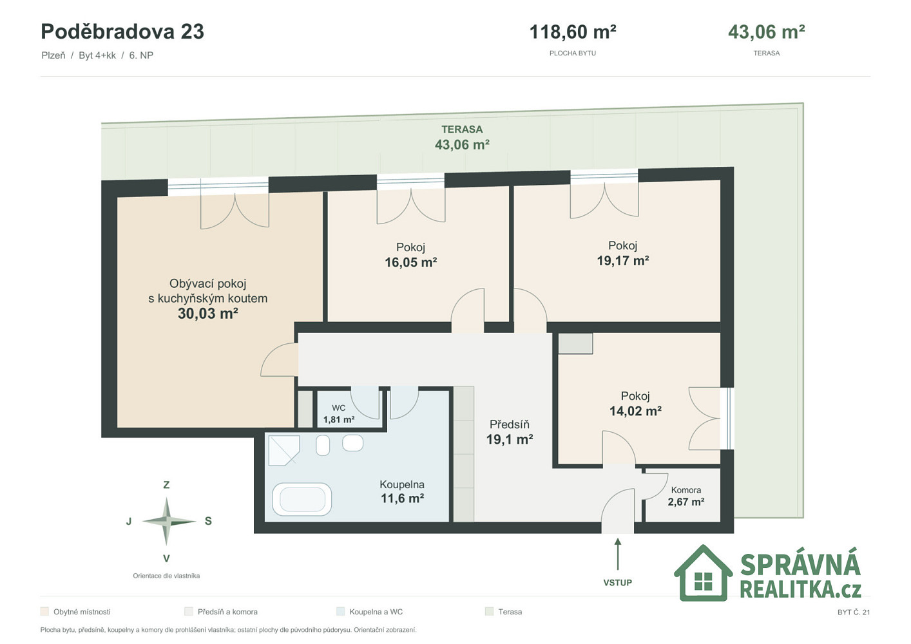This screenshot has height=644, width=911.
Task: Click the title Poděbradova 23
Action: tap(122, 32)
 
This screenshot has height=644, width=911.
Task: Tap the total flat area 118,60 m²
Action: tap(573, 32)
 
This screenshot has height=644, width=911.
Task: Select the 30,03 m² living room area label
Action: tap(208, 314)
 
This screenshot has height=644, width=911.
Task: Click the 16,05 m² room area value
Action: tap(411, 262)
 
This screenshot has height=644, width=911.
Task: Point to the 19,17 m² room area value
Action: tap(622, 261)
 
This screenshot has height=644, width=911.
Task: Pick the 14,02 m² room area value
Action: tap(635, 411)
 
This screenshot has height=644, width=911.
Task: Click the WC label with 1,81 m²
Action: tap(339, 414)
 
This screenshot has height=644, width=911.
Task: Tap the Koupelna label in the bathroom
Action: tap(402, 484)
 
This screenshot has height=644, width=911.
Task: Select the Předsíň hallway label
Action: tap(510, 424)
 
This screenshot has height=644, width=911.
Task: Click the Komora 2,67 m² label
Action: tap(686, 496)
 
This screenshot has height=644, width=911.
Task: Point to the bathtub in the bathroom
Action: tap(302, 499)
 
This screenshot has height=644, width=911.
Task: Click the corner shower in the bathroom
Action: tap(284, 450)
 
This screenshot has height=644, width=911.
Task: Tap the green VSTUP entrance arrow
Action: tap(618, 554)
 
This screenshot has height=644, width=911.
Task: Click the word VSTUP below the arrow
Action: tap(618, 583)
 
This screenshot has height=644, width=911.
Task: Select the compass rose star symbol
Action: tap(166, 521)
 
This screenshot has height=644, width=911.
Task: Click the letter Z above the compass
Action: tap(166, 485)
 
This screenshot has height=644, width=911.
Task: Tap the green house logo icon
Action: tap(703, 573)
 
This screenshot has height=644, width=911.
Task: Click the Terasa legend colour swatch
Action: tap(489, 611)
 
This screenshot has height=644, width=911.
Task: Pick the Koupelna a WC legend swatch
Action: tap(340, 611)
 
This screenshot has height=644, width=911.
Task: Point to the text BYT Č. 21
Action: tap(854, 612)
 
